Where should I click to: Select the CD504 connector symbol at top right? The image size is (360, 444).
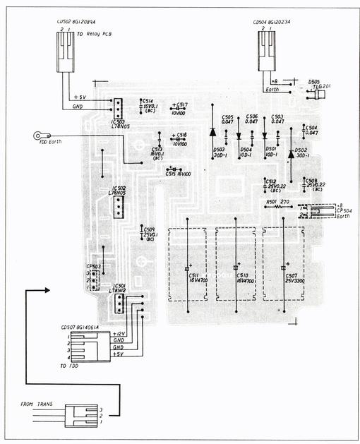pyautogui.click(x=266, y=51)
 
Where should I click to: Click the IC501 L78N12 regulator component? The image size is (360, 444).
pyautogui.click(x=119, y=304)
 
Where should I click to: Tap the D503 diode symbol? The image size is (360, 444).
pyautogui.click(x=212, y=131)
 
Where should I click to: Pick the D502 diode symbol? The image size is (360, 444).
pyautogui.click(x=290, y=155)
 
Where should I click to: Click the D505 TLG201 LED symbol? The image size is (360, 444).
pyautogui.click(x=318, y=95)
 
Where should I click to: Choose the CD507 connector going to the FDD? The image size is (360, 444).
pyautogui.click(x=88, y=346)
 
